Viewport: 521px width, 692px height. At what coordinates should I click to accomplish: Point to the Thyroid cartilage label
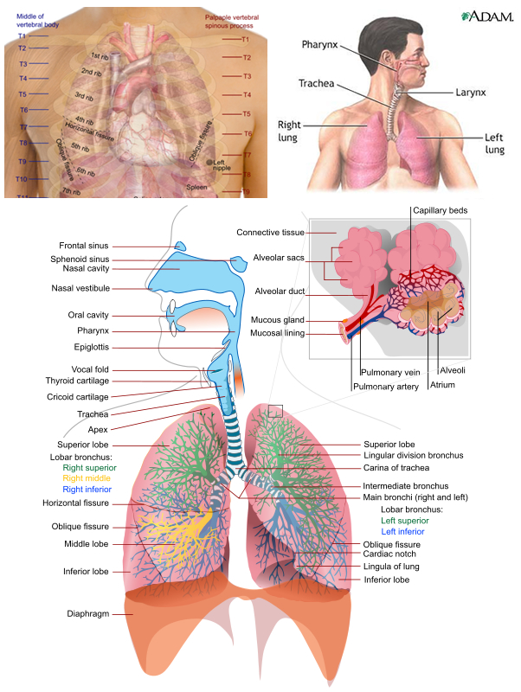pyautogui.click(x=77, y=381)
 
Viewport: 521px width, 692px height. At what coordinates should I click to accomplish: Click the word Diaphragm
pyautogui.click(x=88, y=614)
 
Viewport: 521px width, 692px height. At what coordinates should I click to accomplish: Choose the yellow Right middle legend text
pyautogui.click(x=89, y=477)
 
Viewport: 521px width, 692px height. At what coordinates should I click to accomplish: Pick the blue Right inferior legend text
pyautogui.click(x=89, y=489)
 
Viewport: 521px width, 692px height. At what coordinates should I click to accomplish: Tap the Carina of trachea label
pyautogui.click(x=403, y=467)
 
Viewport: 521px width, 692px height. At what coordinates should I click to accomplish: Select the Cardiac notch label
pyautogui.click(x=389, y=554)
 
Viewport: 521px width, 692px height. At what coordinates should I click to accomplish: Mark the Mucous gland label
pyautogui.click(x=277, y=320)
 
